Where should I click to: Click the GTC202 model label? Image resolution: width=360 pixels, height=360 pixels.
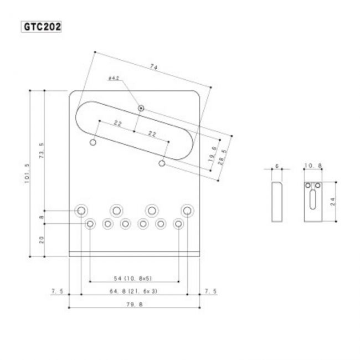[x=42, y=27]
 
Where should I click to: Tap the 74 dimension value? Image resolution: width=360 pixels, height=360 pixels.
[x=153, y=67]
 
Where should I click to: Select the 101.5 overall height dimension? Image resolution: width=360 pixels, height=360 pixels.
[x=27, y=173]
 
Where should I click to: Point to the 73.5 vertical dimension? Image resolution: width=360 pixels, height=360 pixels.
[x=42, y=151]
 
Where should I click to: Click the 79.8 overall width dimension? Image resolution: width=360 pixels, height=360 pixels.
[x=135, y=305]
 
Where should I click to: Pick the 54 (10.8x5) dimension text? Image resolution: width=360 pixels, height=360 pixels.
[x=133, y=279]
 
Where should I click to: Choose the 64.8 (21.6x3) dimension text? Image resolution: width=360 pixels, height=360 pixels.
[x=133, y=291]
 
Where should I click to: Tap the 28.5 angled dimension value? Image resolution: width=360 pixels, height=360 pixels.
[x=222, y=157]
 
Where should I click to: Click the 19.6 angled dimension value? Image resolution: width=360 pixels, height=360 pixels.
[x=213, y=154]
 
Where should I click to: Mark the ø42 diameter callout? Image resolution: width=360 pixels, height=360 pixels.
[x=114, y=78]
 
